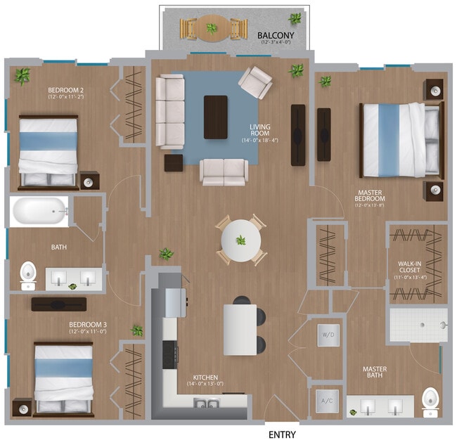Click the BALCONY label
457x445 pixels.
[x=275, y=34]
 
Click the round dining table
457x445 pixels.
[x=240, y=241]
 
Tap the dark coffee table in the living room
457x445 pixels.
[x=216, y=117]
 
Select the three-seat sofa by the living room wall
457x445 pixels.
[x=169, y=112]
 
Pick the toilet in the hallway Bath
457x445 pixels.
[x=28, y=275]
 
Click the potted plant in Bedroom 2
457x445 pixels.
[x=23, y=75]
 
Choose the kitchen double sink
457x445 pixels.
[x=204, y=402]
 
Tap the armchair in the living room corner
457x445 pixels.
[x=255, y=82]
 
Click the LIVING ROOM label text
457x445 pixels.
[x=260, y=131]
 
